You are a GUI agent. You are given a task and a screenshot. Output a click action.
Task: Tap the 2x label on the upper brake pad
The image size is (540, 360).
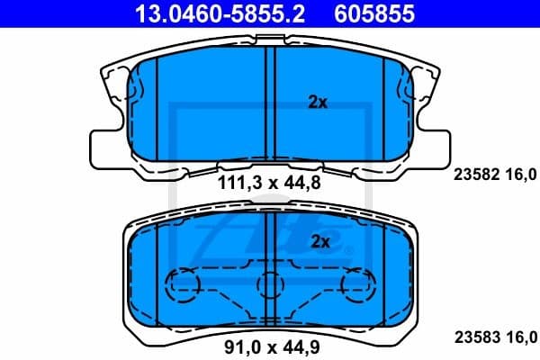317,103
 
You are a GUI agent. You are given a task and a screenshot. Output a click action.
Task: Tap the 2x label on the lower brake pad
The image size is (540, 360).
320,241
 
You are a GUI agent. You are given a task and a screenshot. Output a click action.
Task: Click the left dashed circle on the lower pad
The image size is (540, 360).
184,284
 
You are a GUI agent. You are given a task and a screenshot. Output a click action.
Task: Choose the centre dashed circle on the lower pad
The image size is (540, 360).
269,284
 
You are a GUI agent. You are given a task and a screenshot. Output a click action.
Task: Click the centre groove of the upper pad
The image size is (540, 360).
269,103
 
